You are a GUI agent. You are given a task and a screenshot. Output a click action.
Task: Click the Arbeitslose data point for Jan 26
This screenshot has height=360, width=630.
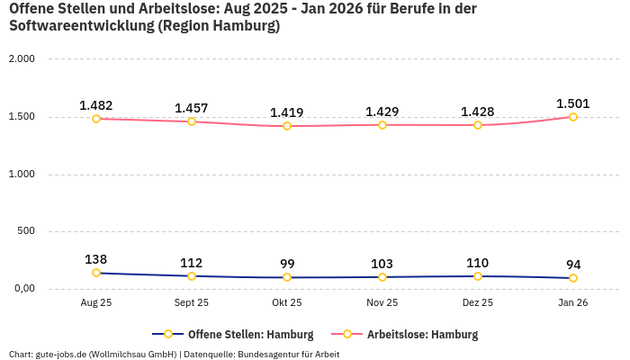coord(572,117)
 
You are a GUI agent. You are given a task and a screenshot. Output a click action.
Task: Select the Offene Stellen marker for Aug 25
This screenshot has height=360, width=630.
coord(96,273)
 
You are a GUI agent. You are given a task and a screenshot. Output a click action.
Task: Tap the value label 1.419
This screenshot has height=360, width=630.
coord(286,113)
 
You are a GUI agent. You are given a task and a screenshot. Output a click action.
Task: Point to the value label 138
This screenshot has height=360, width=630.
coord(96,259)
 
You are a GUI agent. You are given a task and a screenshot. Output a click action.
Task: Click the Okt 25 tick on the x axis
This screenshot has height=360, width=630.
coord(286,303)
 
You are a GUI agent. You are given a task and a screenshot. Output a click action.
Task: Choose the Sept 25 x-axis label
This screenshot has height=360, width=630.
coord(192,303)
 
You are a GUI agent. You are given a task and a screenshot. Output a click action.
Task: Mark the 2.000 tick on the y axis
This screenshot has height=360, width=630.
coord(21,59)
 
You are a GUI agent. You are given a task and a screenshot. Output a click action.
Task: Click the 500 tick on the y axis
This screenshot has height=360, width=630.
coord(26,231)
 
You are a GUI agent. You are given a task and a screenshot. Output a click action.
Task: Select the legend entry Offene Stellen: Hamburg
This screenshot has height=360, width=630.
coord(232,335)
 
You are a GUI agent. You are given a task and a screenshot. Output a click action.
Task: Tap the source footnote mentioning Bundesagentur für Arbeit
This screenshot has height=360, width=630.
coord(174,355)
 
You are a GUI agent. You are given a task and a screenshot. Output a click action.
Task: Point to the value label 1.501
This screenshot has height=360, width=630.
coord(572,103)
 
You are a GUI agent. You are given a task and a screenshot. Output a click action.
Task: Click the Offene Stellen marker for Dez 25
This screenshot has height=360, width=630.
coord(477,276)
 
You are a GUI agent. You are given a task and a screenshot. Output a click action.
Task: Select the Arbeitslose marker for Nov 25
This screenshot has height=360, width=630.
coord(382,125)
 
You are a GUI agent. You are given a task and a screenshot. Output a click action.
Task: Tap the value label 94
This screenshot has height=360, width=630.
coord(572,265)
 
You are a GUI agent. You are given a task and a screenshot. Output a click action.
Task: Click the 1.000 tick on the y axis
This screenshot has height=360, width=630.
coord(21,174)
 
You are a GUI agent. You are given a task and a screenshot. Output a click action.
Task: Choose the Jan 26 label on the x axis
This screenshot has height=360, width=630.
coord(572,303)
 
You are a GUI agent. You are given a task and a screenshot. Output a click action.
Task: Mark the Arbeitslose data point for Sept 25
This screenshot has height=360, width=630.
coord(192,121)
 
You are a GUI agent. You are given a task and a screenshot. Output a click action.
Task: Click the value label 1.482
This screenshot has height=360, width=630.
coord(96,105)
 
